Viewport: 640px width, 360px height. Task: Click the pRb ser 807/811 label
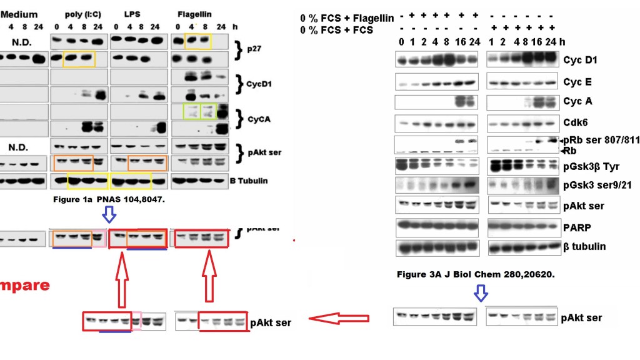click(x=600, y=140)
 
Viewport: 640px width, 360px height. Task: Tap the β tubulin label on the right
click(x=584, y=246)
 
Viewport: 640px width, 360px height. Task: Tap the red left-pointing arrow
click(x=339, y=319)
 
